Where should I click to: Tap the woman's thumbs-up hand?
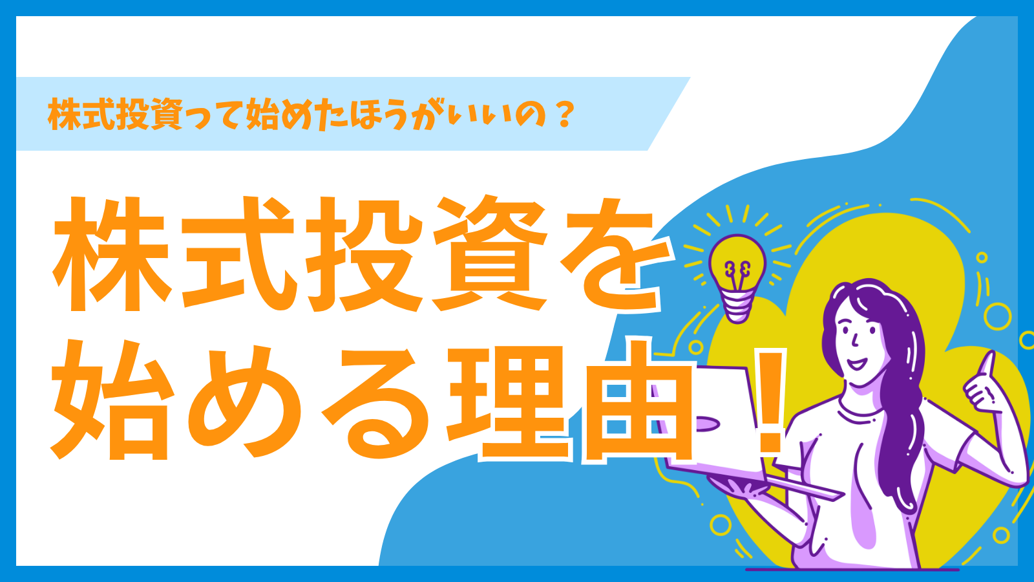click(x=983, y=387)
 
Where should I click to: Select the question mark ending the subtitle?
click(x=565, y=114)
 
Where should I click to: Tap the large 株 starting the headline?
click(x=111, y=254)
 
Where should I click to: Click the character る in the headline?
click(x=376, y=402)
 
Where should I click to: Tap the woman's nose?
click(x=854, y=341)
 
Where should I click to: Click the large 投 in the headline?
click(x=364, y=254)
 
